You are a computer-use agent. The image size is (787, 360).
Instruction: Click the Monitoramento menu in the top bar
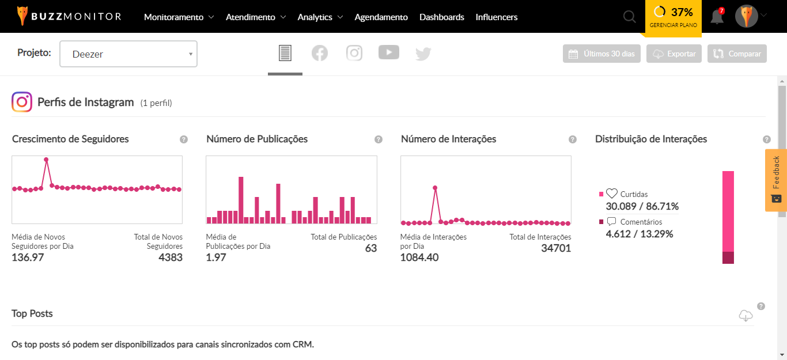[179, 17]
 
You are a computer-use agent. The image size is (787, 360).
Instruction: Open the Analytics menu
[320, 17]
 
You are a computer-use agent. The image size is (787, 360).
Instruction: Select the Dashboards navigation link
[441, 17]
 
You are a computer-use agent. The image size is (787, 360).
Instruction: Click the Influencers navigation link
[496, 17]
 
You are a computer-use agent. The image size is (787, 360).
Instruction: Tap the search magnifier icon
[629, 17]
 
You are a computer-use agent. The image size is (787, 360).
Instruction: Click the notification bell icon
[717, 17]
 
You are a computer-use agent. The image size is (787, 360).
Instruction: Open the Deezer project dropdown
[128, 54]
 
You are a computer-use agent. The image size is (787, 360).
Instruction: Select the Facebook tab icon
[320, 54]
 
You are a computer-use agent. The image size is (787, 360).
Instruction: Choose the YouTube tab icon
[389, 52]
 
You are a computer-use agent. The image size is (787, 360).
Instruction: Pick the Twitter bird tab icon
[423, 54]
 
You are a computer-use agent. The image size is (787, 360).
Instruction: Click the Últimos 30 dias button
[601, 54]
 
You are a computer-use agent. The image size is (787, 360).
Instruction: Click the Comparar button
[737, 54]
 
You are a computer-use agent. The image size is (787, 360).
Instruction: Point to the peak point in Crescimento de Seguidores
[46, 160]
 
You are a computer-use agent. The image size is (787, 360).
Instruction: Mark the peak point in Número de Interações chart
[435, 188]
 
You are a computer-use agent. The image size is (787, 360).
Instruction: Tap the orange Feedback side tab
[776, 180]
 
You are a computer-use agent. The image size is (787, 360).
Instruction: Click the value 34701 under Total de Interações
[556, 248]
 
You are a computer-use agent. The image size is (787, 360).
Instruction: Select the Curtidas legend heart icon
[612, 194]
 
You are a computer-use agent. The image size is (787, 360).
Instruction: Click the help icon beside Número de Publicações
[379, 139]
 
